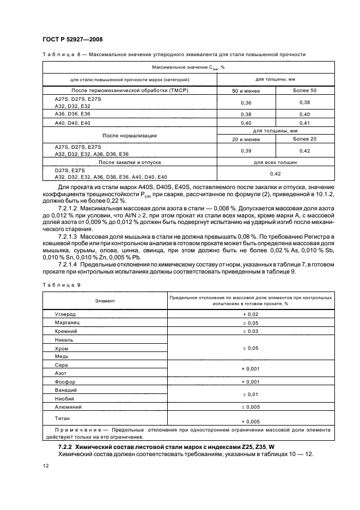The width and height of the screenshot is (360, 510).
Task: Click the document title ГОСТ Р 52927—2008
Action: (x=72, y=40)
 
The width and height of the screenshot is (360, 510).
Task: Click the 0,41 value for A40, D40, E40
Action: (x=304, y=123)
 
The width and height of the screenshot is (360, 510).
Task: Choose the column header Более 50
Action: (x=304, y=90)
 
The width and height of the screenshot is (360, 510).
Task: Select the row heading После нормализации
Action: (x=130, y=135)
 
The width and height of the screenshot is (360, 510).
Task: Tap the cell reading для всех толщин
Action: (x=275, y=162)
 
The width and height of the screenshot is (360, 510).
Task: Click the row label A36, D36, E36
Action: (x=72, y=114)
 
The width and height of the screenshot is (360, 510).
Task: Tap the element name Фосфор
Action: (x=65, y=382)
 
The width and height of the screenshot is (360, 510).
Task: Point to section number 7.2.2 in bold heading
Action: (x=66, y=447)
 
